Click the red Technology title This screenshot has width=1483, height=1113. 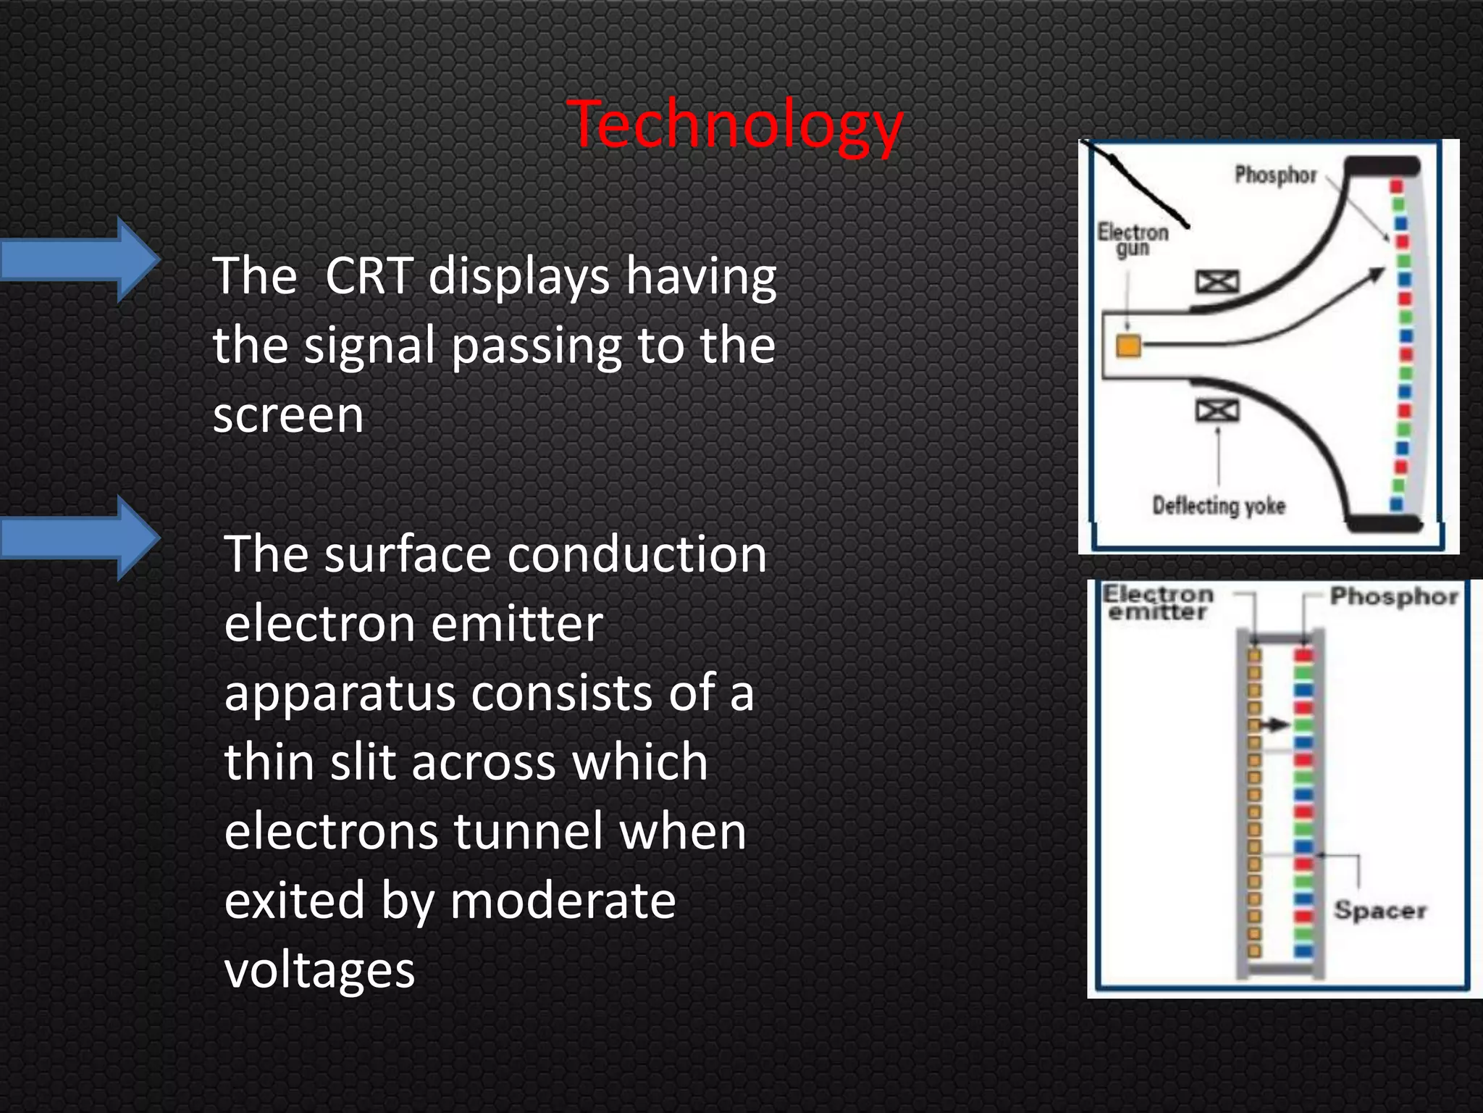735,125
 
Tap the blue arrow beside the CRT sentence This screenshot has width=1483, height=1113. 80,259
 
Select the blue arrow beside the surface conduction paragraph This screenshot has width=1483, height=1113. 80,538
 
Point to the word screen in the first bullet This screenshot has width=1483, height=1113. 288,416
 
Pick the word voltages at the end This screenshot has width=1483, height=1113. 319,970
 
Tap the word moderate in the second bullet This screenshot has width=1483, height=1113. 563,901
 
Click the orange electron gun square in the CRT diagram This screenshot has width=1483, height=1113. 1128,346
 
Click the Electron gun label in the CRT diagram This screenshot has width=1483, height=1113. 1133,240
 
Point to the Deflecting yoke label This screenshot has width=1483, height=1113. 1219,505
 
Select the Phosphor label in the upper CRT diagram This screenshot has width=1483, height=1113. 1275,175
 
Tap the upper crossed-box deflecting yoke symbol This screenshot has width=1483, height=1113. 1217,282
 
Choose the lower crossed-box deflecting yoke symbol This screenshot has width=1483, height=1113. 1217,411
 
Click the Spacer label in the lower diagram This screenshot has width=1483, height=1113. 1380,910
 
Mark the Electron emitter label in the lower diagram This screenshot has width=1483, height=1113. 1157,603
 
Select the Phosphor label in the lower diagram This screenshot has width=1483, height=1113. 1394,596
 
